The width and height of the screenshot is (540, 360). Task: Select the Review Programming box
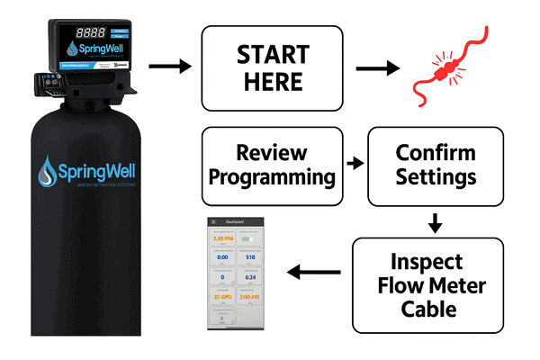coord(271,164)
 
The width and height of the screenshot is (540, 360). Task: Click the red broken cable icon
coord(445,66)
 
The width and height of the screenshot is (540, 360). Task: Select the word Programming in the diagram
coord(271,175)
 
